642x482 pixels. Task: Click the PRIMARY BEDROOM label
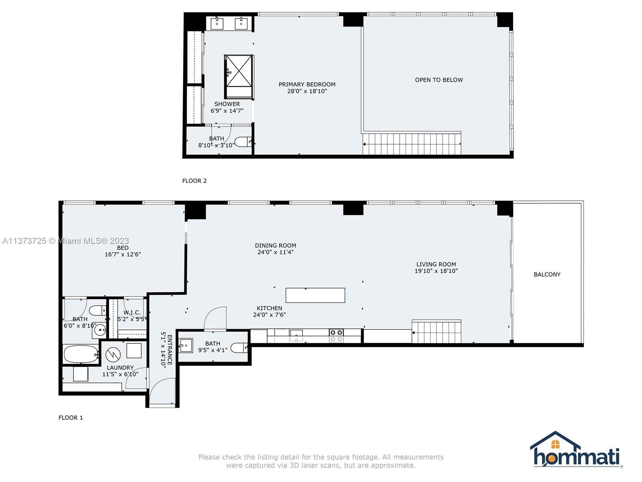(307, 84)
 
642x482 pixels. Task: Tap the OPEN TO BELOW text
(439, 80)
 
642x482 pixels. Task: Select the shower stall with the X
(239, 77)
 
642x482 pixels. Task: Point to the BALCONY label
(547, 274)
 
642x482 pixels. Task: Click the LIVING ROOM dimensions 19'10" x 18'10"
(436, 271)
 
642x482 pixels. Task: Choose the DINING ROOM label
(276, 245)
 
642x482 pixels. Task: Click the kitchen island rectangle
(315, 295)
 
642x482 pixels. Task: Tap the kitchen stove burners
(336, 336)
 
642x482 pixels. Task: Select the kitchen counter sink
(296, 335)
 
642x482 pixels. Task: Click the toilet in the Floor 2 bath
(243, 142)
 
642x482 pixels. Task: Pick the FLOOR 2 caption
(195, 181)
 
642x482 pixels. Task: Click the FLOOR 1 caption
(71, 418)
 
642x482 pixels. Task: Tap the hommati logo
(576, 450)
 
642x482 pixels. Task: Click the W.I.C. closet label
(132, 313)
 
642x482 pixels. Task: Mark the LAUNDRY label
(120, 368)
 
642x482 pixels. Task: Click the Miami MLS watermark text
(65, 241)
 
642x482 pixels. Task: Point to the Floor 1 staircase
(437, 331)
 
